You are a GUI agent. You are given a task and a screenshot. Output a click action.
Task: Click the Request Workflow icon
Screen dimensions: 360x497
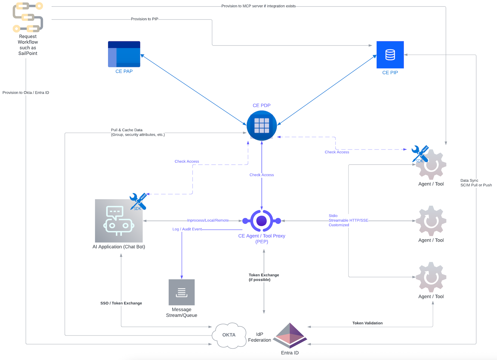(28, 17)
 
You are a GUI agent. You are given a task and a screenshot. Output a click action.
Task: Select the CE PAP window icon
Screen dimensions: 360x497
(124, 54)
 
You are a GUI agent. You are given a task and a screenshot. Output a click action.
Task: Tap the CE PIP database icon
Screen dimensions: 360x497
(390, 55)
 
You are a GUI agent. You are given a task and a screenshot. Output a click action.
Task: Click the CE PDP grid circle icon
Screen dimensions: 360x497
(262, 126)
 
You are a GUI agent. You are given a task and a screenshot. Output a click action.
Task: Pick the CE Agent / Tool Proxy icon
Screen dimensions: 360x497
(262, 221)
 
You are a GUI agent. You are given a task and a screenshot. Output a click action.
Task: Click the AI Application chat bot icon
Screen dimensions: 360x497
(119, 221)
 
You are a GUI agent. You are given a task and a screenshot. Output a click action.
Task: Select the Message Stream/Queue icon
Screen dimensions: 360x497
(181, 292)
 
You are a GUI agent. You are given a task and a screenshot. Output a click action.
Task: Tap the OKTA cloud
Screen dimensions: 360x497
(229, 335)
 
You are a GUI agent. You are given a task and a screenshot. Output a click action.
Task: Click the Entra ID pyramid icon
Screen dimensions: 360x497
(290, 335)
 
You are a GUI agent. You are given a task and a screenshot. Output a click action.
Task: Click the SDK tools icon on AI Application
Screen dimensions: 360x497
(138, 202)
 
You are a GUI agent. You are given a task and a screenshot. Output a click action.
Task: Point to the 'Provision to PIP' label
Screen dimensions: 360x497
(144, 19)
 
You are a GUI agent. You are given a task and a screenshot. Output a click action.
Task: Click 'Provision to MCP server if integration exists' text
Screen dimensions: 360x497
(258, 6)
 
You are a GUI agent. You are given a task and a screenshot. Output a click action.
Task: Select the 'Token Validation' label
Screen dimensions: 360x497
(367, 323)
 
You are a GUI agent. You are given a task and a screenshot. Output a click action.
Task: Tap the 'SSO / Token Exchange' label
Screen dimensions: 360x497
(121, 303)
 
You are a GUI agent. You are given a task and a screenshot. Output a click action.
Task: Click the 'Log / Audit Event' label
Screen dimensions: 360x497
(187, 229)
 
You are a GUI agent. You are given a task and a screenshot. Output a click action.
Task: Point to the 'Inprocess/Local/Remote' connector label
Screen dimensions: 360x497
(208, 220)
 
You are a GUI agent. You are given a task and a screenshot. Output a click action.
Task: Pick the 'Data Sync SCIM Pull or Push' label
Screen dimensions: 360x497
(476, 183)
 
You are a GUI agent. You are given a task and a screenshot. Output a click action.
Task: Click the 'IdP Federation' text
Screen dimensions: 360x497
(259, 337)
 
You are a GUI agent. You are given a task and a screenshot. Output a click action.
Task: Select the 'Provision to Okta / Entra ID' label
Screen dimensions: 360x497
(26, 93)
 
